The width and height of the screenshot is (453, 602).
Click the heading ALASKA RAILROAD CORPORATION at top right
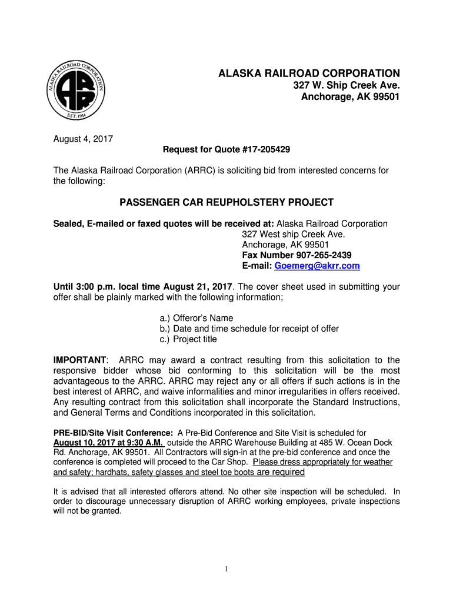[309, 73]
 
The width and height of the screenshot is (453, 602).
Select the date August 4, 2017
[83, 139]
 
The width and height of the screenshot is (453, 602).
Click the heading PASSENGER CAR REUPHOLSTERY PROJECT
[226, 203]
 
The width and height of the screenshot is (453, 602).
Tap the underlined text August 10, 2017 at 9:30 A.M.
[108, 442]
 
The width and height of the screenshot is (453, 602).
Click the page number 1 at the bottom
[226, 569]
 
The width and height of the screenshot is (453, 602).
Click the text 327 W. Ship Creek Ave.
[347, 85]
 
